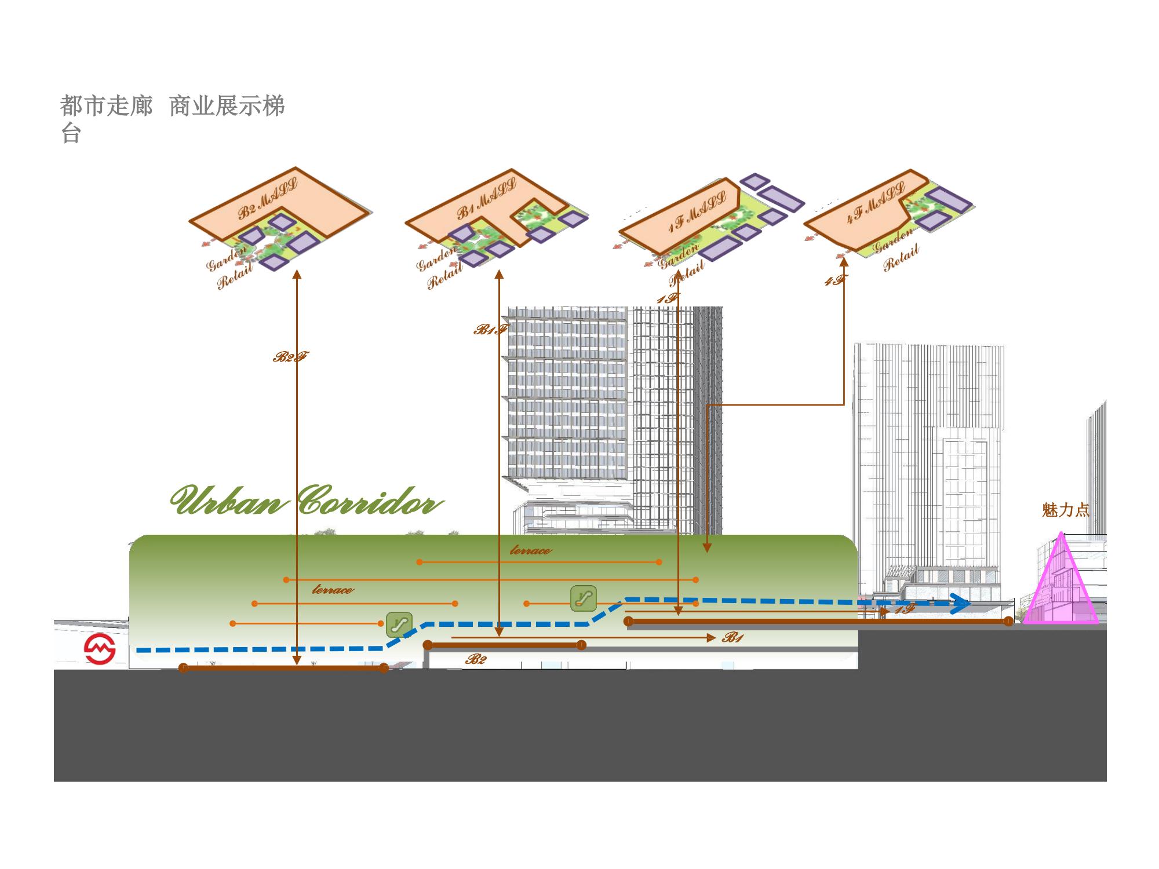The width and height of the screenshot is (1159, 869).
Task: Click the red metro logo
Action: point(100,649)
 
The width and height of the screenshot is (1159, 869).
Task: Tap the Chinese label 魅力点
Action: point(1065,510)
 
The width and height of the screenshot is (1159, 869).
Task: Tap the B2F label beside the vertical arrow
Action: point(290,357)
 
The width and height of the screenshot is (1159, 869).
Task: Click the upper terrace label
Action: point(530,550)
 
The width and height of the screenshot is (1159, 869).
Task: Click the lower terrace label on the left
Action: point(333,590)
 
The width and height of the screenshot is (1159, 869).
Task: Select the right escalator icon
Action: point(583,598)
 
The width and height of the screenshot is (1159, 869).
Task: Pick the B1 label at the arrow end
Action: point(732,638)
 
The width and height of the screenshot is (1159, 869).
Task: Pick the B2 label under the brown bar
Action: point(476,659)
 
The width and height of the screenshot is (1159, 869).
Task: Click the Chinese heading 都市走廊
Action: point(107,107)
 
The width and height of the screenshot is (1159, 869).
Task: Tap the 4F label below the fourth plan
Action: point(835,281)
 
